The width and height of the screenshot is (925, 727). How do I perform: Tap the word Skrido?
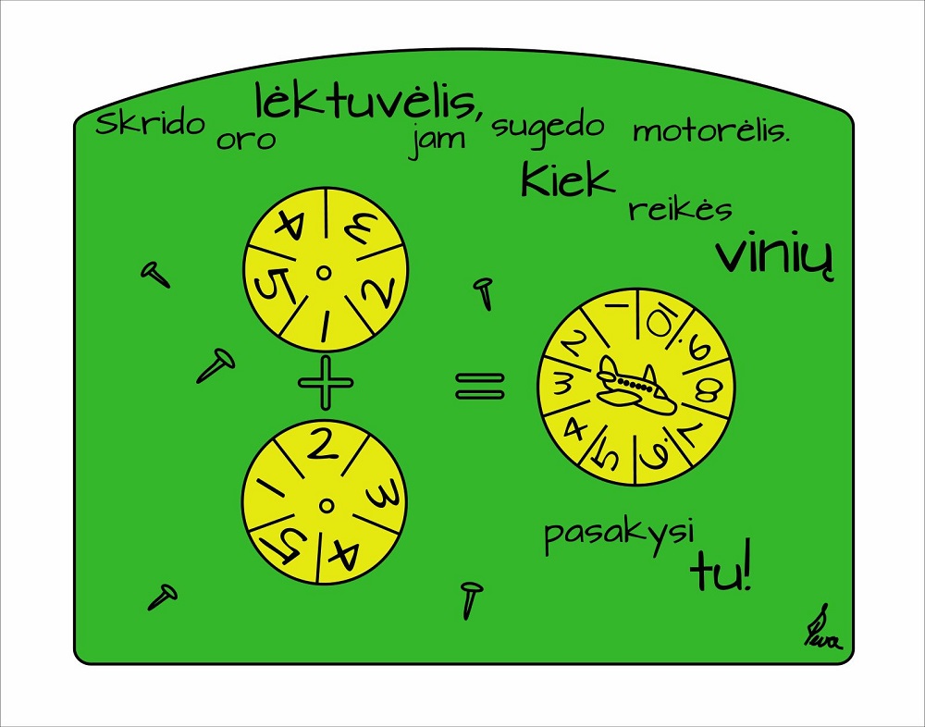tap(151, 123)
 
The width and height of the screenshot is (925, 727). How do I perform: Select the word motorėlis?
tap(710, 131)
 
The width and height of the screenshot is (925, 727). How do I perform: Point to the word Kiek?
tap(568, 179)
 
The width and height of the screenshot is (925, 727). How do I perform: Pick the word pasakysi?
tap(619, 536)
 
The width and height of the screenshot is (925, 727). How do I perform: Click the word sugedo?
tap(548, 129)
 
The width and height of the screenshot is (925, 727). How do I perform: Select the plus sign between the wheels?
tap(326, 382)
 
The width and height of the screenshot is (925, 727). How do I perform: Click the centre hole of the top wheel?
tap(323, 272)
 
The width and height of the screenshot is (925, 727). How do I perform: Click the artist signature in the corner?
tap(823, 629)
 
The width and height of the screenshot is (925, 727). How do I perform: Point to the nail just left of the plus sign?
tap(216, 364)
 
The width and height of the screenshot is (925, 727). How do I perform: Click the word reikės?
tap(680, 209)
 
